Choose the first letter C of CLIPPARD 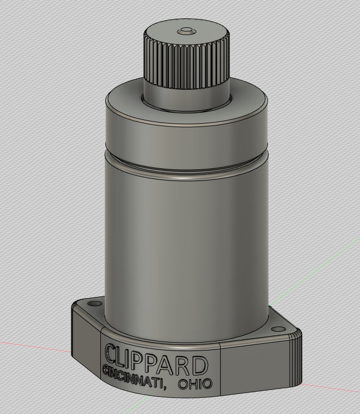(x=111, y=353)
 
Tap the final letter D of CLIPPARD (x=200, y=366)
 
